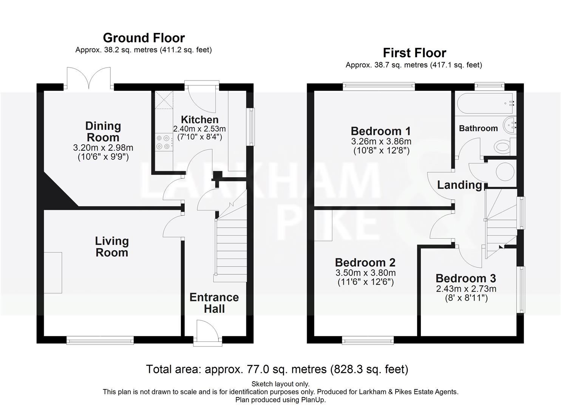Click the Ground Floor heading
coord(144,38)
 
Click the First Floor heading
coord(414,53)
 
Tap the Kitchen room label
coord(199,120)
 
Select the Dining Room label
coord(103,131)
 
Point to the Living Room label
coord(112,247)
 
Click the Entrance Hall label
coord(214,303)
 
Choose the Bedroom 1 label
coord(380,131)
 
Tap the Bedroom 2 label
coord(365,262)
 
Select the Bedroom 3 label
coord(465,278)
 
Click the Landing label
coord(459,185)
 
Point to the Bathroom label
coord(478,128)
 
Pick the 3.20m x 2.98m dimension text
coord(103,148)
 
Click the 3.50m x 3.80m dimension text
coord(365,273)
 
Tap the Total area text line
coord(277,369)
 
